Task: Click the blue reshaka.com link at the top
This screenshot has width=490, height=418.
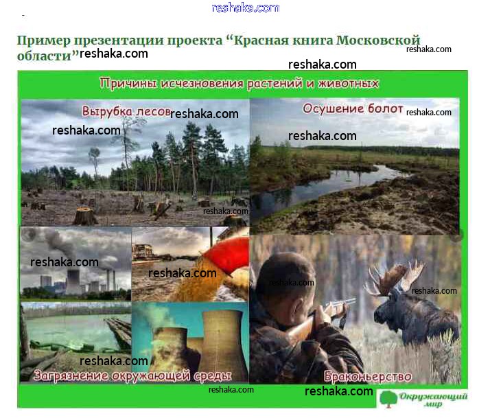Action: [x=245, y=8]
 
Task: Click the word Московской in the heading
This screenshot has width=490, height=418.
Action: [x=378, y=40]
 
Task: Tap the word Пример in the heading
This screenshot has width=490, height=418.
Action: [x=44, y=40]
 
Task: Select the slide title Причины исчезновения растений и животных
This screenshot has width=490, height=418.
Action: [x=239, y=84]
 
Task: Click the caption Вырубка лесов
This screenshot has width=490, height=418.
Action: [x=126, y=111]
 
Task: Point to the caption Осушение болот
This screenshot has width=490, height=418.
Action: [x=353, y=108]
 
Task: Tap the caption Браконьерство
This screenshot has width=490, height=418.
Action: [x=368, y=376]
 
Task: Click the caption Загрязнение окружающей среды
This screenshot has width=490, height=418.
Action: [x=132, y=375]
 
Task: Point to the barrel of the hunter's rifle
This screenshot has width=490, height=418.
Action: [x=340, y=302]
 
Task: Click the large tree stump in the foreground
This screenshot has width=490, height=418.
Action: [x=84, y=216]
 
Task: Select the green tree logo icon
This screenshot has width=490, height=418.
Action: [x=388, y=399]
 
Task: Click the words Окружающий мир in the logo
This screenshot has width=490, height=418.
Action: [x=434, y=399]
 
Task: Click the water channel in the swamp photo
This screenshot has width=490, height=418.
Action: [x=325, y=185]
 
